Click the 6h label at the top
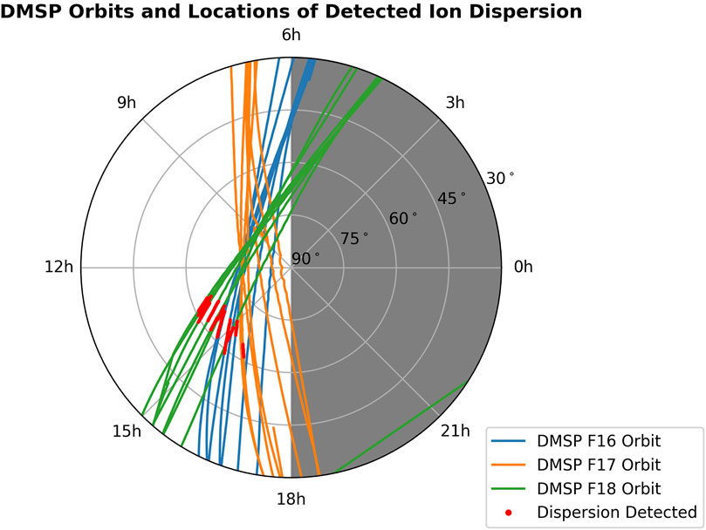coord(291,36)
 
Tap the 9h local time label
coord(127,103)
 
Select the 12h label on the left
coord(58,268)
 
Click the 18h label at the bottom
coord(291,499)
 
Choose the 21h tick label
coord(456,431)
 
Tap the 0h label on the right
coord(522,268)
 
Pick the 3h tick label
coord(455,103)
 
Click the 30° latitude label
coord(500,178)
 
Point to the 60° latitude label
coord(403,218)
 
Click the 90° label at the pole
coord(305,258)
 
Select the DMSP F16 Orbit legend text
coord(599,440)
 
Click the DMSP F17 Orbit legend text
coord(599,464)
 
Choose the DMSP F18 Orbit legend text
coord(599,487)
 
